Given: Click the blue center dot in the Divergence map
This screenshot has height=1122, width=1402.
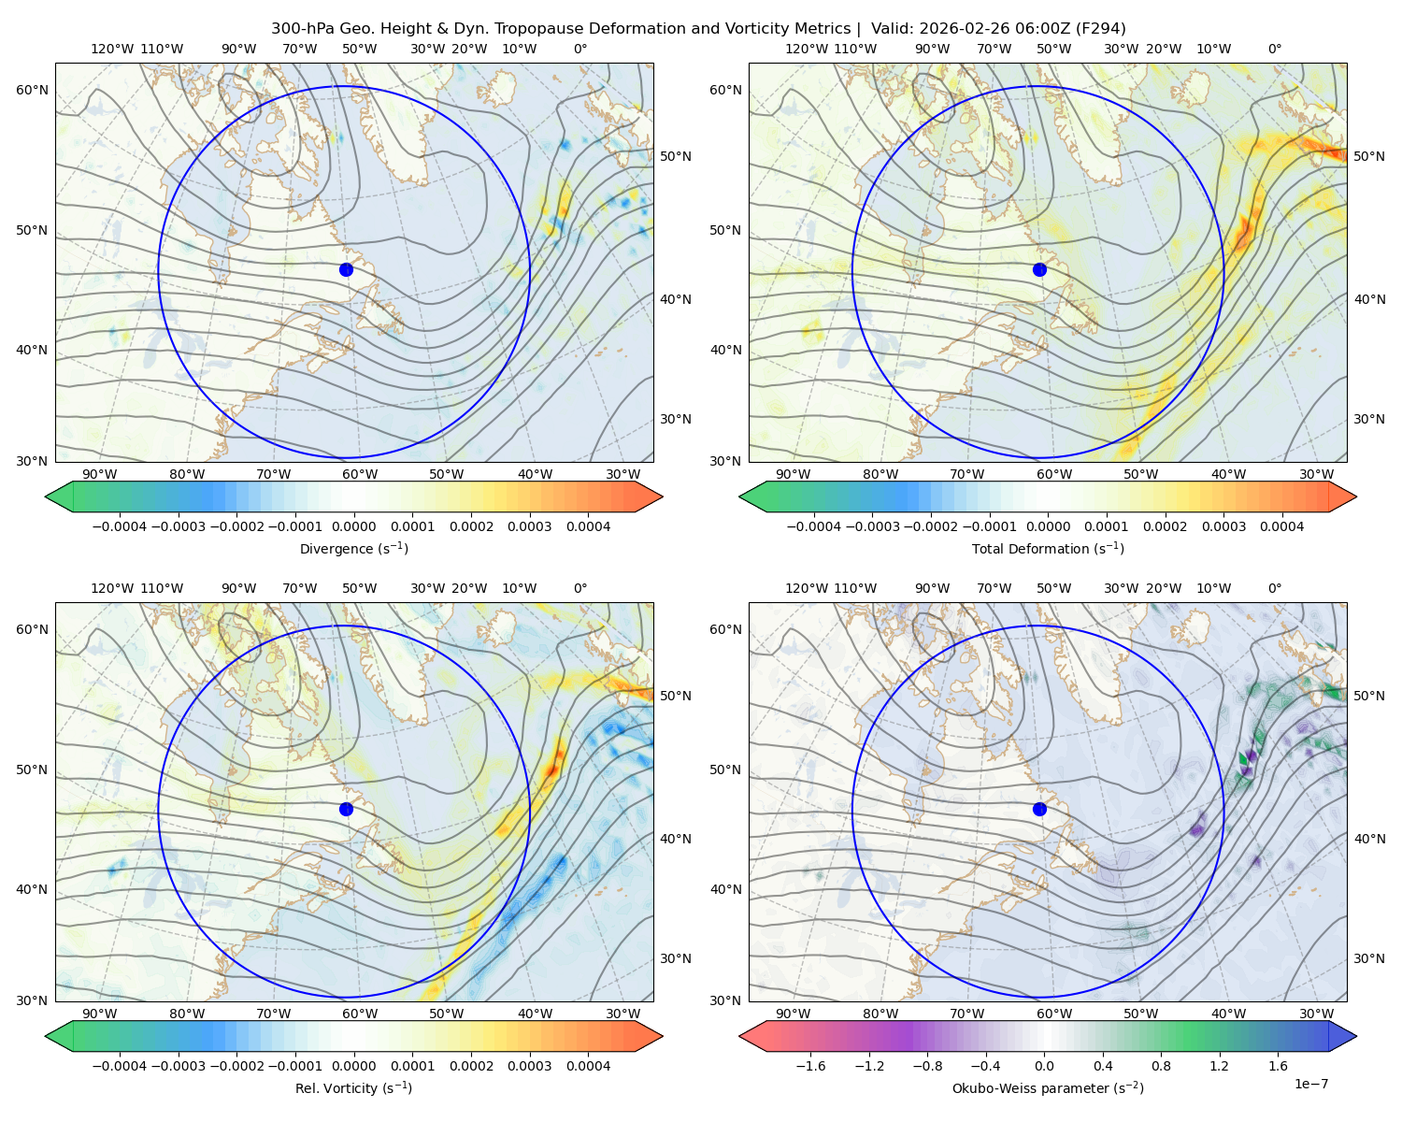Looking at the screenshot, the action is pyautogui.click(x=346, y=269).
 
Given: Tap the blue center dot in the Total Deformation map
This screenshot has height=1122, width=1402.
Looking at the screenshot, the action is pyautogui.click(x=1039, y=269).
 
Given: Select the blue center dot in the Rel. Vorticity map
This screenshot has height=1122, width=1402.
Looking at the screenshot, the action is pyautogui.click(x=346, y=809).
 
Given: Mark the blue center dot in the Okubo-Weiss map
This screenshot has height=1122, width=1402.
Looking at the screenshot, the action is pyautogui.click(x=1039, y=809).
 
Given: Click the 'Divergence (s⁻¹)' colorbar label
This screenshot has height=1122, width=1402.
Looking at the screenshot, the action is pyautogui.click(x=353, y=548).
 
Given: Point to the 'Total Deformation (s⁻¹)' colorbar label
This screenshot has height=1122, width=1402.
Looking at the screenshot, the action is pyautogui.click(x=1048, y=548).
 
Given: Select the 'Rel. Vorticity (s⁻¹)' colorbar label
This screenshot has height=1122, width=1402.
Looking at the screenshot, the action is pyautogui.click(x=353, y=1087).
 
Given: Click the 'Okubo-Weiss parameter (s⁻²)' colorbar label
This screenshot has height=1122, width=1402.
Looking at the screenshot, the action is pyautogui.click(x=1048, y=1087).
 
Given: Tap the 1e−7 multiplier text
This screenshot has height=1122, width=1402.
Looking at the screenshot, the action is pyautogui.click(x=1310, y=1084).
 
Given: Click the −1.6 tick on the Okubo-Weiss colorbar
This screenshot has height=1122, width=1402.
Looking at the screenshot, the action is pyautogui.click(x=810, y=1066).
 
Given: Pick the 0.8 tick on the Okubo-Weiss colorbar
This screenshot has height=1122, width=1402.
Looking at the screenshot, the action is pyautogui.click(x=1161, y=1066).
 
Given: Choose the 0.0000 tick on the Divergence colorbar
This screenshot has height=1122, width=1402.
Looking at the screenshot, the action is pyautogui.click(x=353, y=526).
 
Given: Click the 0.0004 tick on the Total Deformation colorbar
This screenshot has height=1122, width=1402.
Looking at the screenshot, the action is pyautogui.click(x=1281, y=526).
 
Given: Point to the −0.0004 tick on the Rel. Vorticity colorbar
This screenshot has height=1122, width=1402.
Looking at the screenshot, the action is pyautogui.click(x=120, y=1066).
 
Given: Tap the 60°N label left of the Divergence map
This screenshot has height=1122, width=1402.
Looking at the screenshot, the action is pyautogui.click(x=32, y=90).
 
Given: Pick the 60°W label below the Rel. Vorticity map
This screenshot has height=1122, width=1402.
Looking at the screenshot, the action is pyautogui.click(x=360, y=1014).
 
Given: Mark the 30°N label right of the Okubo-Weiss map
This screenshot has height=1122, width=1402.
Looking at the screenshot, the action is pyautogui.click(x=1368, y=958).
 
